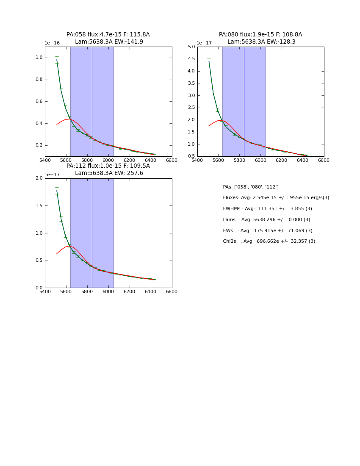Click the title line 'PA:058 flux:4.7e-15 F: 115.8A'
108,35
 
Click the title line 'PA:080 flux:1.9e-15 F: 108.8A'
260,35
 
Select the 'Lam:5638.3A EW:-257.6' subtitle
109,173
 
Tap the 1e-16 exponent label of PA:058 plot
52,43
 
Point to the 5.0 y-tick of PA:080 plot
191,47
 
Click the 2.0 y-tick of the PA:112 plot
39,178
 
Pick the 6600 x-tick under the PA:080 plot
324,160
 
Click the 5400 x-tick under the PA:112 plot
45,291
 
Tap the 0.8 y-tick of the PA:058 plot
39,80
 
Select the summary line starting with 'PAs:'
251,187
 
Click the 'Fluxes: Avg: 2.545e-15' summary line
276,198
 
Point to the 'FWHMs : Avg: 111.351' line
267,209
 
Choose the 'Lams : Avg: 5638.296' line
266,220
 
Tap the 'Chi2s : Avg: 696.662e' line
269,241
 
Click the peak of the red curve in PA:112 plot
69,246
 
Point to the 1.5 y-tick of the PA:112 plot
39,206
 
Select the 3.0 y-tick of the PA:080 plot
191,96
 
